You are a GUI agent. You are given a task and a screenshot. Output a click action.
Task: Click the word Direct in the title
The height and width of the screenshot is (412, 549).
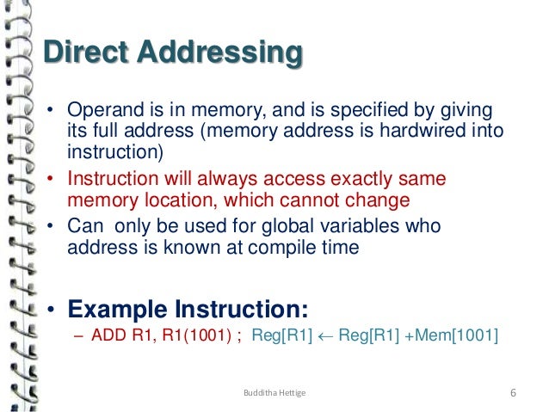click(x=77, y=52)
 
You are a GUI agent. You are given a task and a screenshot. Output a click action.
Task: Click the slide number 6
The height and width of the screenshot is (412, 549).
click(x=513, y=394)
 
